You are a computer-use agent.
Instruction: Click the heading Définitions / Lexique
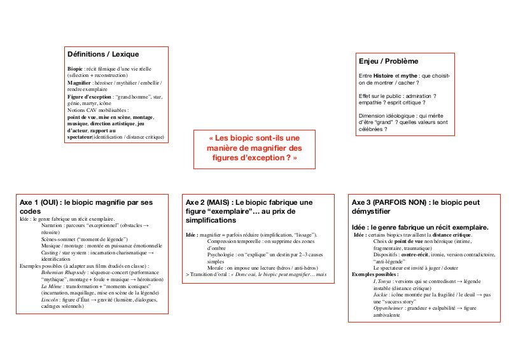(103, 54)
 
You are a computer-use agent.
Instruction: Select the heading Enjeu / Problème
(389, 61)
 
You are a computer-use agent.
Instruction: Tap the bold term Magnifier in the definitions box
(81, 83)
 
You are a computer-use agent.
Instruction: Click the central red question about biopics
(253, 147)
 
